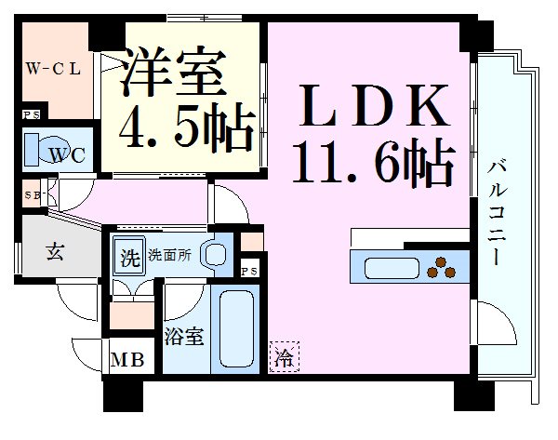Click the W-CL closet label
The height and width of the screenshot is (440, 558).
point(53,69)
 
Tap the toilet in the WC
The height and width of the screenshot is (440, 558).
point(49,150)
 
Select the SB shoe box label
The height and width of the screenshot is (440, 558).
point(32,195)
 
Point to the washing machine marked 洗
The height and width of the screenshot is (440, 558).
point(129,256)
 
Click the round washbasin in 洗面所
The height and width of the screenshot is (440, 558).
point(214,254)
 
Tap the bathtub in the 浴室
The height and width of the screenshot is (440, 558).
point(236,329)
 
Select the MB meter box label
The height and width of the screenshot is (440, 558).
point(127,360)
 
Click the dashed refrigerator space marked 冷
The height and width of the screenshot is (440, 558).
point(285,356)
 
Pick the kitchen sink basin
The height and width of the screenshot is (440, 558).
point(392,268)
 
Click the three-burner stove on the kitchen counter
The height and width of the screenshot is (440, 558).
point(441,268)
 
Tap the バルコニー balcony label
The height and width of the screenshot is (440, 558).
point(497,213)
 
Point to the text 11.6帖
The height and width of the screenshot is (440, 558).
point(373,161)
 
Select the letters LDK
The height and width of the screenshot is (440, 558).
point(375,106)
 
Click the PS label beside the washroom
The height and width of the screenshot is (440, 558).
point(249,272)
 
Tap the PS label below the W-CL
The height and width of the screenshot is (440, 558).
point(31,115)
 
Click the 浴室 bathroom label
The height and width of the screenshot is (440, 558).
point(183,336)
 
